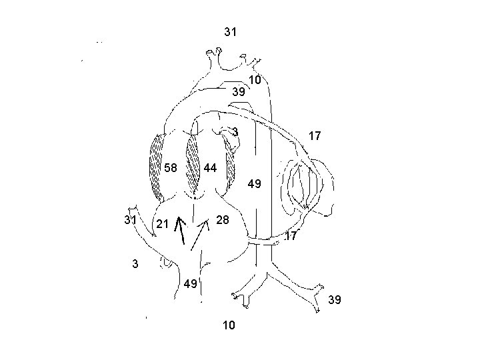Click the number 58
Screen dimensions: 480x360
170,167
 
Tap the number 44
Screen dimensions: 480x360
210,167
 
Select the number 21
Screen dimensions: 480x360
161,224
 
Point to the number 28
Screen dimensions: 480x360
223,220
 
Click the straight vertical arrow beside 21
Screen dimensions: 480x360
179,232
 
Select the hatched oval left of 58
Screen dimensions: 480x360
157,168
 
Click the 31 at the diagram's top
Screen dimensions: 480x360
231,31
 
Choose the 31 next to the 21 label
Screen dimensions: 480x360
130,220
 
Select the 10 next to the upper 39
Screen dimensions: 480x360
255,81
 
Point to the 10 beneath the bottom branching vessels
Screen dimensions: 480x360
228,325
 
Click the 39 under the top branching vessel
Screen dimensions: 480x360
238,92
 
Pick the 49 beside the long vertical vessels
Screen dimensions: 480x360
255,183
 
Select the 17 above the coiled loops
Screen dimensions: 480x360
315,136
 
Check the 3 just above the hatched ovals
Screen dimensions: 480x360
235,131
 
